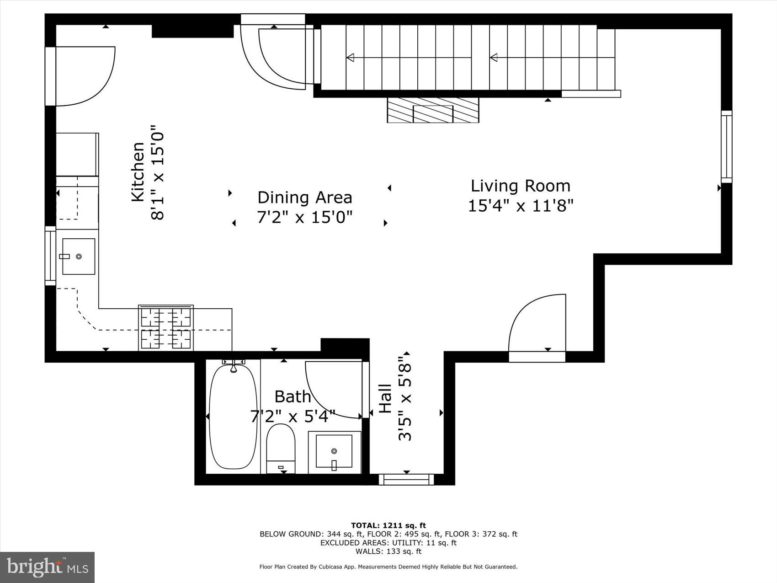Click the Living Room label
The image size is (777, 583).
pos(520,186)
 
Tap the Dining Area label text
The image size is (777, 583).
pos(304,198)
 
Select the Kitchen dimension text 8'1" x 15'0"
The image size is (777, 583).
pos(158,173)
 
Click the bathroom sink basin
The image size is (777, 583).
pos(334,451)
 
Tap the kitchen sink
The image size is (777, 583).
pos(78,257)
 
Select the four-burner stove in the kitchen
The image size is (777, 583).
pos(166,328)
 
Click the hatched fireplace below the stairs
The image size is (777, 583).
pos(432,110)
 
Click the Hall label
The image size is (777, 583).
pos(385,399)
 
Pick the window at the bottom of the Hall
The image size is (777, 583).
pos(406,479)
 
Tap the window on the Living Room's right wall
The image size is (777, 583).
pos(726,146)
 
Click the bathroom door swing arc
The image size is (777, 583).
pos(331,389)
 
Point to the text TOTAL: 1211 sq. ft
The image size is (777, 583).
pos(388,525)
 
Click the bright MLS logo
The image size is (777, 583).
pos(47,567)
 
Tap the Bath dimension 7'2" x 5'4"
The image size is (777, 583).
pos(293,417)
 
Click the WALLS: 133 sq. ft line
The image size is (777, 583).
pos(388,551)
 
